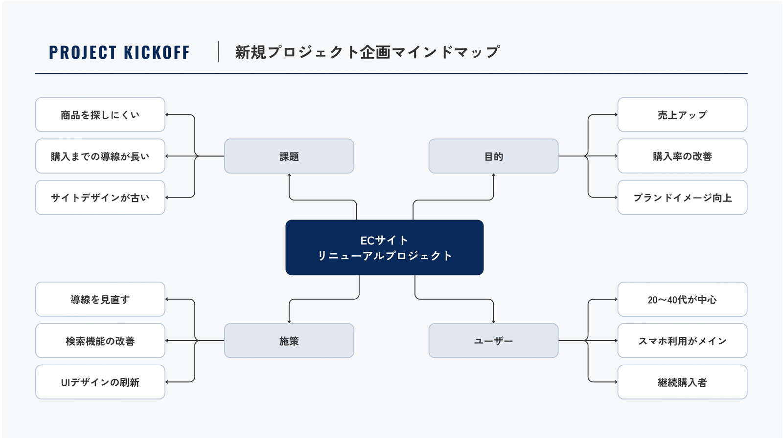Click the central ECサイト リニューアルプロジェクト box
pyautogui.click(x=385, y=247)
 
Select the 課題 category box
pyautogui.click(x=289, y=156)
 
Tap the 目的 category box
pyautogui.click(x=494, y=156)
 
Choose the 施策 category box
pyautogui.click(x=289, y=340)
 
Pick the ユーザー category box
pyautogui.click(x=494, y=340)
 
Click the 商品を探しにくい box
pyautogui.click(x=100, y=114)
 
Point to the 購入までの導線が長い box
pyautogui.click(x=100, y=156)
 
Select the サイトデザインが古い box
pyautogui.click(x=100, y=198)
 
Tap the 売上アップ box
pyautogui.click(x=682, y=114)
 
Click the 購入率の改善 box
pyautogui.click(x=682, y=156)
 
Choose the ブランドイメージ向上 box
pyautogui.click(x=682, y=198)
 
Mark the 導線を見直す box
pyautogui.click(x=100, y=299)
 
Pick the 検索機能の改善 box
pyautogui.click(x=100, y=340)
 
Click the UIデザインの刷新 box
pyautogui.click(x=100, y=382)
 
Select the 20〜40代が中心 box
pyautogui.click(x=682, y=299)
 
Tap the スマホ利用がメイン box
pyautogui.click(x=682, y=340)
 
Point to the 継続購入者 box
pyautogui.click(x=682, y=382)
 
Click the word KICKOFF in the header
pyautogui.click(x=156, y=52)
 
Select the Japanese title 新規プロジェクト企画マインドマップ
pyautogui.click(x=368, y=52)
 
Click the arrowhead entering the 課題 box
pyautogui.click(x=289, y=176)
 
